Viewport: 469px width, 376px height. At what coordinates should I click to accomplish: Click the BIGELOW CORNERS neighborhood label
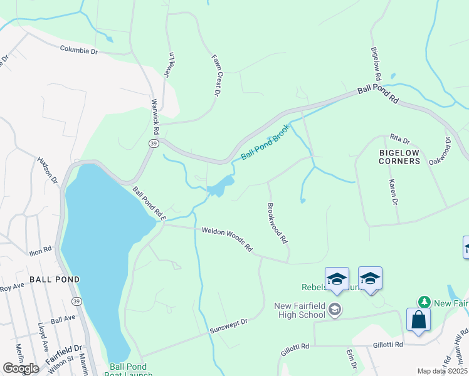399,157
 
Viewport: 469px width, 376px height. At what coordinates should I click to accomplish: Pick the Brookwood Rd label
277,222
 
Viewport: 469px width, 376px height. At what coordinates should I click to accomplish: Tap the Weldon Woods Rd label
226,239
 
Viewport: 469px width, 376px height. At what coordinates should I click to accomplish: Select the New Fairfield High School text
300,310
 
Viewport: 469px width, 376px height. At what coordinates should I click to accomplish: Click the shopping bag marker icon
418,320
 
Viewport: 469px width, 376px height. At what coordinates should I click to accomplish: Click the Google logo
21,368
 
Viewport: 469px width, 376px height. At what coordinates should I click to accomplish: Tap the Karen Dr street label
393,192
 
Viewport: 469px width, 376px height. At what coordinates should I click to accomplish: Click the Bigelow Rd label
376,63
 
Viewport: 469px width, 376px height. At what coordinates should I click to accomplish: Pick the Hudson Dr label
48,170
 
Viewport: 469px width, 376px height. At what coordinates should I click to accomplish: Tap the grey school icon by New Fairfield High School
335,309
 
